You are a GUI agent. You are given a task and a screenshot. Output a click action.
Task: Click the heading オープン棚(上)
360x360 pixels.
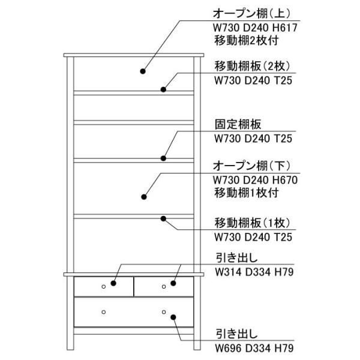[251, 14]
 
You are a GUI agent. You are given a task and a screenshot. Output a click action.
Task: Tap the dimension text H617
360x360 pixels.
[285, 28]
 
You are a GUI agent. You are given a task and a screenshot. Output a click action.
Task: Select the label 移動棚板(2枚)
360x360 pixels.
[253, 67]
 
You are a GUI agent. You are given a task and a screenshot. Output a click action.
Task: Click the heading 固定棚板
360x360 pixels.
[238, 124]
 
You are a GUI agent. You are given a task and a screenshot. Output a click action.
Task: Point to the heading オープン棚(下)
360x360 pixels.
[251, 166]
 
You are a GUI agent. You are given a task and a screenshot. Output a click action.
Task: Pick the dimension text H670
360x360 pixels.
[285, 180]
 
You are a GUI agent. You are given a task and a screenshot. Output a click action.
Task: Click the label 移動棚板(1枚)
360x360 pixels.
[253, 223]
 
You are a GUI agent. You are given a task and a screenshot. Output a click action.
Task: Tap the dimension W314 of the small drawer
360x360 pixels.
[228, 272]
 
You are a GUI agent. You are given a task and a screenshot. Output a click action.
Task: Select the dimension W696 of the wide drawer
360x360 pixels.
[228, 348]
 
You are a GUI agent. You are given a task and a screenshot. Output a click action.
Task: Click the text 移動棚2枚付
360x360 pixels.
[247, 41]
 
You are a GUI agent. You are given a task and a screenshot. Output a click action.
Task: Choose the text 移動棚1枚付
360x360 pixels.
[247, 193]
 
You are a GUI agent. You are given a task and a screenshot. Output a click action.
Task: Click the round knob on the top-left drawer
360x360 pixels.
[104, 287]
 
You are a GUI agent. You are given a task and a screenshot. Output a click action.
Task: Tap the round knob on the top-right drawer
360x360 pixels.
[164, 287]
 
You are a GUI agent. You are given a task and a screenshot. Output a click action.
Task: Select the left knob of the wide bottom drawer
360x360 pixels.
[104, 312]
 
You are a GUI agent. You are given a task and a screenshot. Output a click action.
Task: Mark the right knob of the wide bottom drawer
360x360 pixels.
[164, 312]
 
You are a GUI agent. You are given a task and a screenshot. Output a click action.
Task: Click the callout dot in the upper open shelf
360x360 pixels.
[143, 71]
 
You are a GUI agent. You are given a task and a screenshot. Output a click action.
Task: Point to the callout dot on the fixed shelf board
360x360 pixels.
[163, 158]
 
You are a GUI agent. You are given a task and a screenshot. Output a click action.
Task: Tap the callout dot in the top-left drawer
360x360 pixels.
[113, 283]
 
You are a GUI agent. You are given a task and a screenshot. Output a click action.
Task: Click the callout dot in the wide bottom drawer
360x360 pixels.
[173, 317]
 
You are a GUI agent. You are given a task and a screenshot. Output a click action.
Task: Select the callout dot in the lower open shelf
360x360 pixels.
[144, 197]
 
